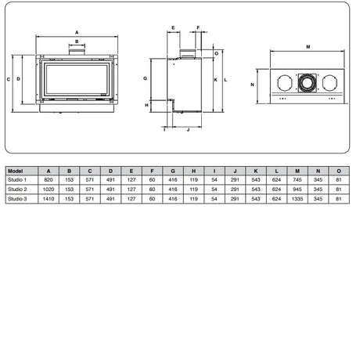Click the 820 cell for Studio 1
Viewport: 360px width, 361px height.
(49, 179)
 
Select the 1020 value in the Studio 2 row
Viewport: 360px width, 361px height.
(49, 190)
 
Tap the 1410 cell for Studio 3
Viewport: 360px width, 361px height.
(49, 200)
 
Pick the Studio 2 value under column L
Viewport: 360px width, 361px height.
(276, 190)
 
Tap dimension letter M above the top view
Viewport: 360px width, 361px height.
(308, 47)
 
